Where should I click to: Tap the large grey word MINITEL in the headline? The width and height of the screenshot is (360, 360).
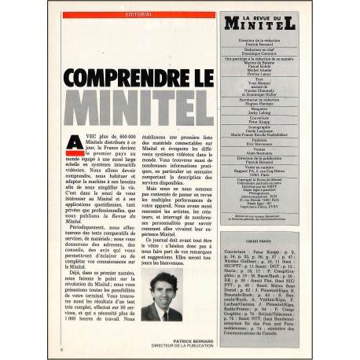click(x=138, y=108)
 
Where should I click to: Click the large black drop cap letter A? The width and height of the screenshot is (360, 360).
click(x=72, y=144)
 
